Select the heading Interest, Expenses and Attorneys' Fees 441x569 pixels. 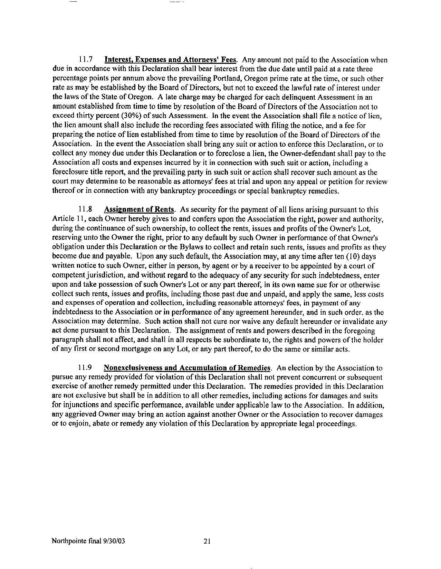(170, 60)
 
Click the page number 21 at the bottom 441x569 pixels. (207, 541)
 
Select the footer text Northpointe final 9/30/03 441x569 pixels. (88, 541)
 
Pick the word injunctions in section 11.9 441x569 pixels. (74, 405)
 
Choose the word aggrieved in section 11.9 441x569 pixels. (80, 415)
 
